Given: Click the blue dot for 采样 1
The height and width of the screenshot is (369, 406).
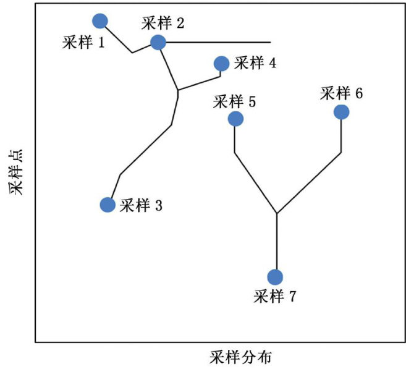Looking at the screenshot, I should [100, 21].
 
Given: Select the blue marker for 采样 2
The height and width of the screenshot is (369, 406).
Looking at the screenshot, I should [158, 42].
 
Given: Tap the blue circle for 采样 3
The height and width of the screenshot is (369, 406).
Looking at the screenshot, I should [108, 205].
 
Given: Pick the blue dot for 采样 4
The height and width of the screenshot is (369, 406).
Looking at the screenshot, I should [221, 63].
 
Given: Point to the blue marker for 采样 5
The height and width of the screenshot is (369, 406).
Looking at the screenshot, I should [235, 118].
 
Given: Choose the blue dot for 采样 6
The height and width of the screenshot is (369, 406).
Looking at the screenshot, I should [341, 112].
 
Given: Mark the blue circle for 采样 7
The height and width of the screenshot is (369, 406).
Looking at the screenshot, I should [275, 277].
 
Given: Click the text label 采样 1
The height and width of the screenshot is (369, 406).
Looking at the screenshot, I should [83, 43].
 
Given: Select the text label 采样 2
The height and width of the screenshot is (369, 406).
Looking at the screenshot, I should [163, 23].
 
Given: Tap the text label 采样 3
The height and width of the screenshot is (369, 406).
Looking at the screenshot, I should [141, 205].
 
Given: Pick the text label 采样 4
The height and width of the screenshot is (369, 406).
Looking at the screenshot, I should [255, 63].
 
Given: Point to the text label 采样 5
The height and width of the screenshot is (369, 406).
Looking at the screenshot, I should [234, 101].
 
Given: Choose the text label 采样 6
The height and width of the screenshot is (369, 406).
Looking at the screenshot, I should [342, 93].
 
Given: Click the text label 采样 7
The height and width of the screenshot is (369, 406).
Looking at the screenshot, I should [275, 296].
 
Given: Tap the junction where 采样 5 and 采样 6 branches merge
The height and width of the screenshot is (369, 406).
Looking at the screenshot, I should [276, 214].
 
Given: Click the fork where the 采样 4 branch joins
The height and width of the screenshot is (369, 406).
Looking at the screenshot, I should [178, 91].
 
